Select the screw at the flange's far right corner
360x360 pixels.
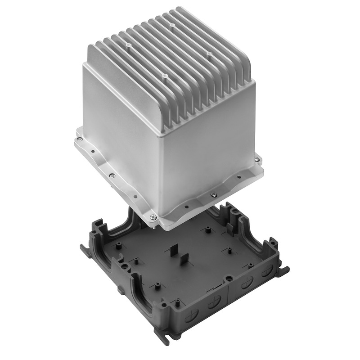coord(257,158)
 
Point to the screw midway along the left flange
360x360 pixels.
coord(112,176)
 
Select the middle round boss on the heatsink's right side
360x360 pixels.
coord(209,53)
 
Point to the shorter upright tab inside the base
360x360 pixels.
coord(184,261)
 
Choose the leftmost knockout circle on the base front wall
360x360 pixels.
coord(197,302)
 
